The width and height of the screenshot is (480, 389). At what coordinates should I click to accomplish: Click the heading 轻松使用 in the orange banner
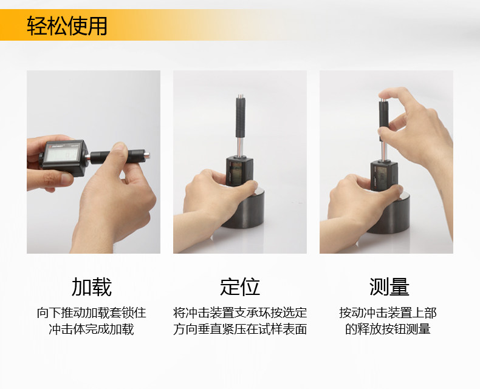pyautogui.click(x=67, y=25)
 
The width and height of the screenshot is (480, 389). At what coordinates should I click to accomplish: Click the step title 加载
pyautogui.click(x=92, y=287)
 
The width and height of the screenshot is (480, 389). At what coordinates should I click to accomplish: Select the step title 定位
pyautogui.click(x=239, y=287)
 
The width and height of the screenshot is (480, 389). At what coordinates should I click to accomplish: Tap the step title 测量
pyautogui.click(x=389, y=287)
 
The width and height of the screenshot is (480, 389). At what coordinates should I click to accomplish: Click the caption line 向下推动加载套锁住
pyautogui.click(x=92, y=313)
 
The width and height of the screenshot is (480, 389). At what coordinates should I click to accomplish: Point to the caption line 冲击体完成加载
pyautogui.click(x=92, y=330)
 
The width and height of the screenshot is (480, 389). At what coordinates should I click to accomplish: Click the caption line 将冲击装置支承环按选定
pyautogui.click(x=239, y=313)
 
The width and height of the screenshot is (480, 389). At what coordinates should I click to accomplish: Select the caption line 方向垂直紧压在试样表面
pyautogui.click(x=239, y=330)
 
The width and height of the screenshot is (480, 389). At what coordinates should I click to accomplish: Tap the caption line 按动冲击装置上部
pyautogui.click(x=388, y=313)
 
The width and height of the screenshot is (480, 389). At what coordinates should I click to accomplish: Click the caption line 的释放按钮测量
pyautogui.click(x=388, y=330)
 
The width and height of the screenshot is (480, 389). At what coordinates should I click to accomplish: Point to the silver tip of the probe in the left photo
pyautogui.click(x=147, y=155)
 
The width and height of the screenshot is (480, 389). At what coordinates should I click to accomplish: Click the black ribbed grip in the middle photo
pyautogui.click(x=240, y=118)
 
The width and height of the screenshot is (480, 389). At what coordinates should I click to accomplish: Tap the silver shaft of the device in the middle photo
pyautogui.click(x=241, y=147)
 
